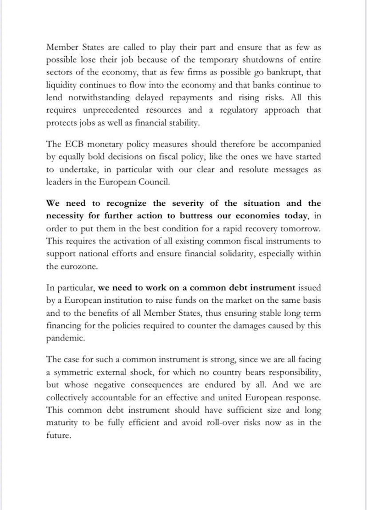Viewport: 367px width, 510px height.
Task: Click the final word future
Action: pyautogui.click(x=59, y=435)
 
